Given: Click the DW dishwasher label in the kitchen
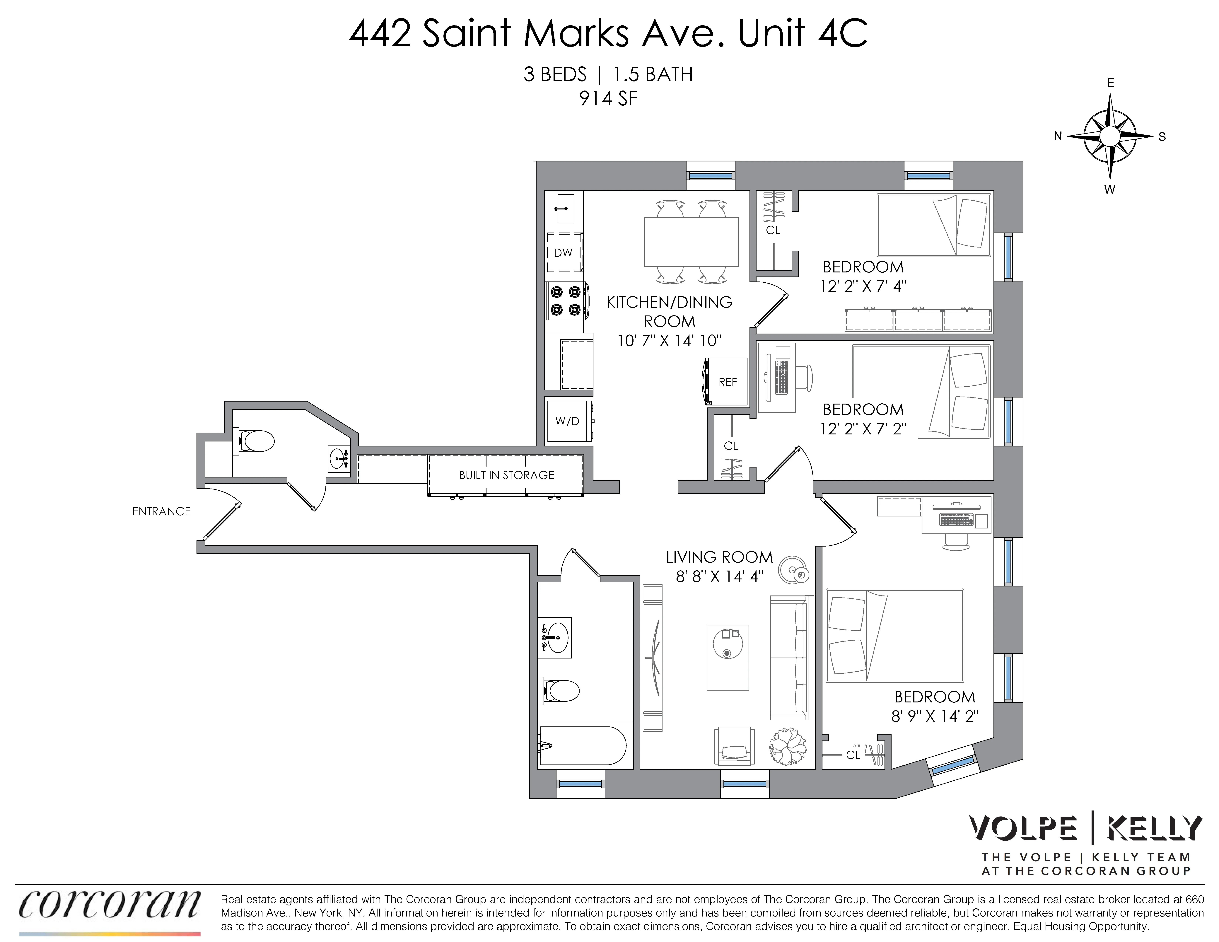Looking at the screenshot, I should (563, 253).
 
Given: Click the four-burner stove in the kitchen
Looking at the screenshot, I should (565, 300).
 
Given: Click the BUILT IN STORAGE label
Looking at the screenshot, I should (506, 475).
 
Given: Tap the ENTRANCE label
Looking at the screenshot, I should (161, 511).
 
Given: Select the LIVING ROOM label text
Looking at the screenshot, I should (719, 557).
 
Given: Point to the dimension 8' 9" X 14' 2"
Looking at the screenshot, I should (935, 716).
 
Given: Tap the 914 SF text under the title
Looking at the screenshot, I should (608, 99).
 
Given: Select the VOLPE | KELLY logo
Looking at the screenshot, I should (1085, 829).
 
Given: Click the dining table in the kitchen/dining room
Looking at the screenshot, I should (691, 242).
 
